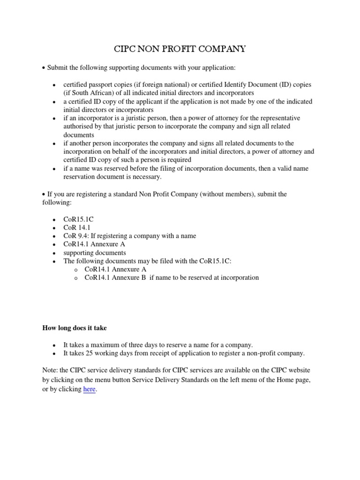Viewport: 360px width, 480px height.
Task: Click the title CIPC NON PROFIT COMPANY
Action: coord(180,49)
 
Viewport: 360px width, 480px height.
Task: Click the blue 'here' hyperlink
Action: coord(90,390)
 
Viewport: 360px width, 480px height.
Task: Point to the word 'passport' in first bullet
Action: coord(103,84)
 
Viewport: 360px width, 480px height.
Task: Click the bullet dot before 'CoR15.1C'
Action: coord(54,220)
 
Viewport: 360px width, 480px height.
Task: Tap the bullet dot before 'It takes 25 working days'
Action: coord(54,353)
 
